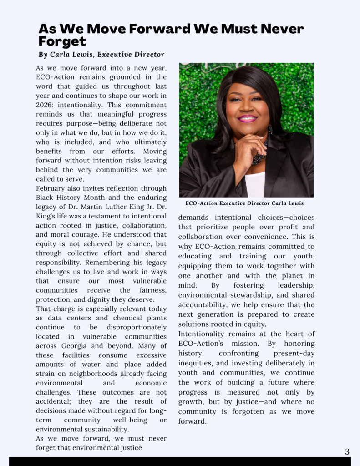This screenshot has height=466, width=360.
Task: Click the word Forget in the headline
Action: tap(62, 42)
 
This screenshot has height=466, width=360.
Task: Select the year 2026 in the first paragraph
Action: tap(47, 105)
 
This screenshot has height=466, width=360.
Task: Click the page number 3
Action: tap(347, 452)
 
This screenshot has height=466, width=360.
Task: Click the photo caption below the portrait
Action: tap(244, 203)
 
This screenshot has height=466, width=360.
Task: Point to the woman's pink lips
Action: tap(247, 118)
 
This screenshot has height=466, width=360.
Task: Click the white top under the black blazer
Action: tap(254, 184)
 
